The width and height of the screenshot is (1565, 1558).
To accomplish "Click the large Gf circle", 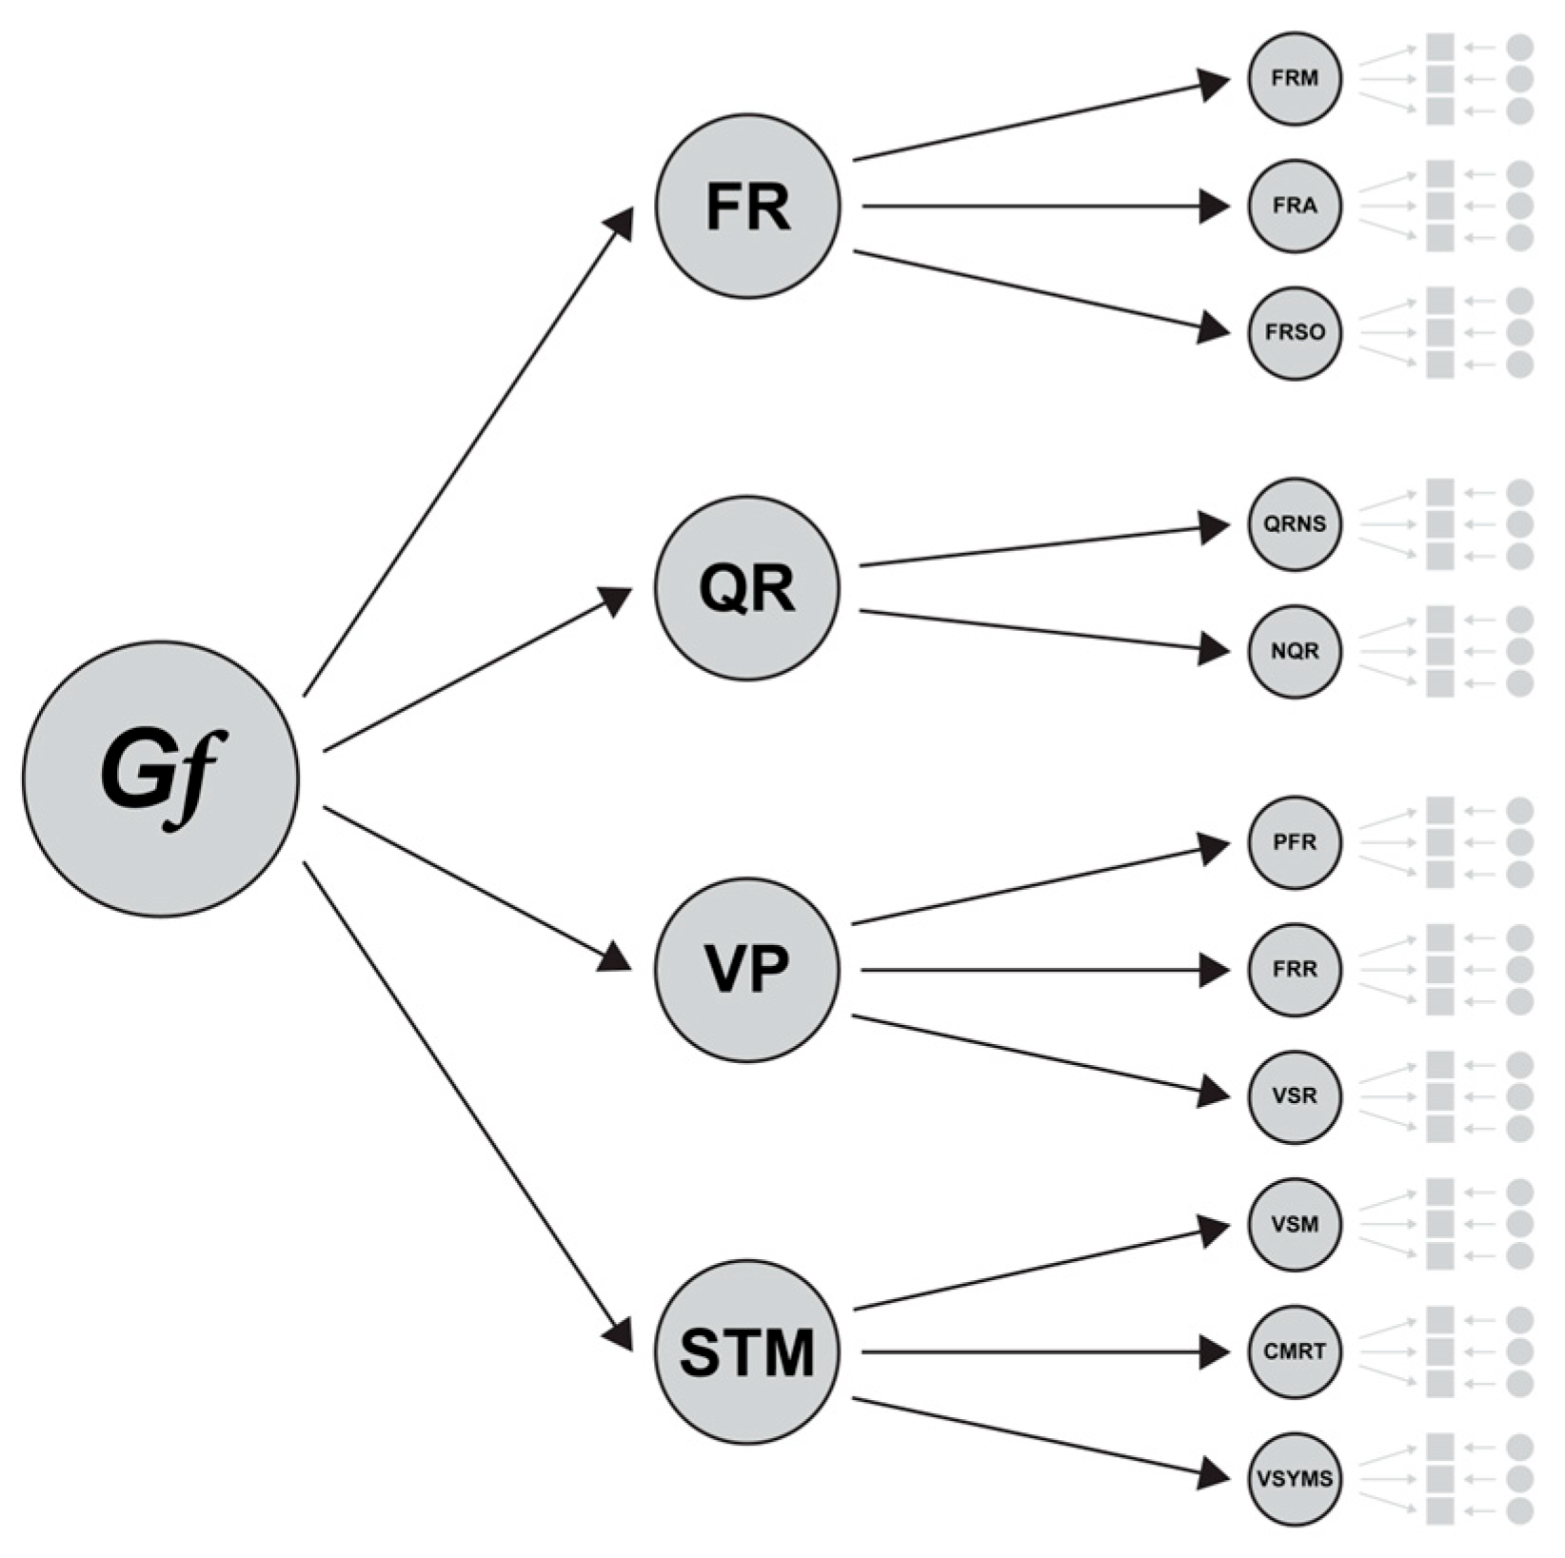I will point(161,778).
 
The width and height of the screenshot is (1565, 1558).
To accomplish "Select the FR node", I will point(747,206).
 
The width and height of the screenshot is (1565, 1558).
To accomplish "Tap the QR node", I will point(747,587).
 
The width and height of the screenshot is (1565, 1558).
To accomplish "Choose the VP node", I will point(747,969).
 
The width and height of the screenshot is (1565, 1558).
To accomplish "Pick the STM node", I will point(747,1351).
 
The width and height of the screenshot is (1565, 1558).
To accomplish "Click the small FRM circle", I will point(1295,78).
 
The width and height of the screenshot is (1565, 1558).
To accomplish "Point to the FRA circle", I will point(1295,206).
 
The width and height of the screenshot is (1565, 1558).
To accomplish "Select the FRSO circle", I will point(1295,333).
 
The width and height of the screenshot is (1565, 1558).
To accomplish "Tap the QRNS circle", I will point(1295,524).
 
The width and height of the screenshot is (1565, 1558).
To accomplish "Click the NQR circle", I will point(1295,652).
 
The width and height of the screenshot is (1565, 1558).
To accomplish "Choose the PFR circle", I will point(1295,842).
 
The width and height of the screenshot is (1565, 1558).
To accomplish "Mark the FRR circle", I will point(1295,970).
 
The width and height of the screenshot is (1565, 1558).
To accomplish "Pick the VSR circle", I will point(1295,1096).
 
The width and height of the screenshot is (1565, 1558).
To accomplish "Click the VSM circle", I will point(1295,1224).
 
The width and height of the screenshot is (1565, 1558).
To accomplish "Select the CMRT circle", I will point(1295,1351).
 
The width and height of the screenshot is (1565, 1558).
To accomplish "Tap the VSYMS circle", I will point(1295,1479).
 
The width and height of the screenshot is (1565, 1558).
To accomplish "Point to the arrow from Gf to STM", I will point(466,1104).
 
